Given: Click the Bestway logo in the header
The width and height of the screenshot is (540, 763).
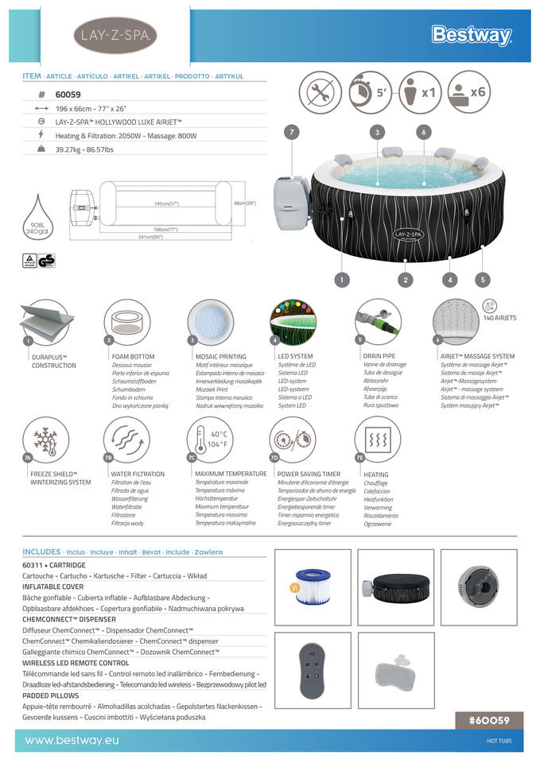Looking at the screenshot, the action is point(472,35).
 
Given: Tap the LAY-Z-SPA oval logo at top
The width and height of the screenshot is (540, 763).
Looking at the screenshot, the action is point(115,35).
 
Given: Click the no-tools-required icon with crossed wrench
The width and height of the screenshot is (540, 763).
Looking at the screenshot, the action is point(321,92).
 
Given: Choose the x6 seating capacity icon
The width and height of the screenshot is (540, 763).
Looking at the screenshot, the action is point(467,92).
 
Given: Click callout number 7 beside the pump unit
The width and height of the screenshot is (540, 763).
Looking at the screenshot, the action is point(293,132).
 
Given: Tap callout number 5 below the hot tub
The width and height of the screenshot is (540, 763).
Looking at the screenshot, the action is point(484,279).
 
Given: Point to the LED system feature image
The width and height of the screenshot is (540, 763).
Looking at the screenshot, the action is point(292,322).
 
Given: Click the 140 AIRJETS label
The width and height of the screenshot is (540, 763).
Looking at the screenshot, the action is point(499,318).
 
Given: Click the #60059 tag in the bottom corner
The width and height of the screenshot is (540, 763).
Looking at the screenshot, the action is point(494,720).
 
